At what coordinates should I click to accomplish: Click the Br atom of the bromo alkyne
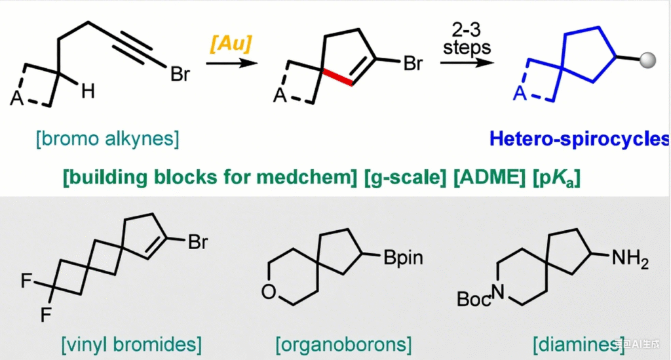click(x=180, y=74)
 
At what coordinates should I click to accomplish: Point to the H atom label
click(x=88, y=92)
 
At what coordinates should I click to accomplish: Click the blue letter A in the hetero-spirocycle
click(x=520, y=95)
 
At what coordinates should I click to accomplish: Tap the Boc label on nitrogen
click(x=473, y=300)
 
